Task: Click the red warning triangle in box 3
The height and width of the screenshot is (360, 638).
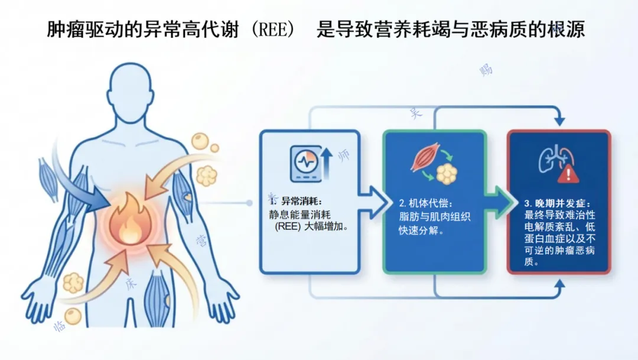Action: (569, 173)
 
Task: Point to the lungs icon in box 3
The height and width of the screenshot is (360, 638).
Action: (555, 158)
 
